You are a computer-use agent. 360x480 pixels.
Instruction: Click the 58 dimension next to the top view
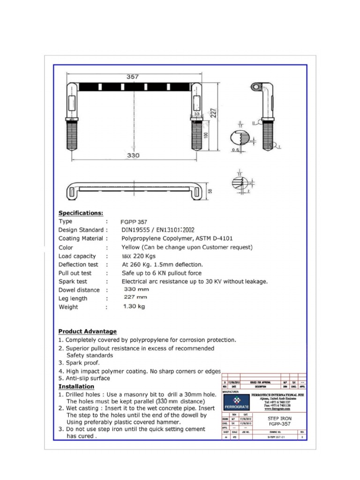pos(210,190)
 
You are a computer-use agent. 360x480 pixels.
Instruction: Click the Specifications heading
pos(81,213)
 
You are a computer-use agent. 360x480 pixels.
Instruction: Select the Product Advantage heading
pos(87,331)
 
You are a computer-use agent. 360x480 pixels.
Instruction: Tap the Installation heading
pos(76,387)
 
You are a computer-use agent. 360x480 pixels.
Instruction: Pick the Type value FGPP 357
pos(135,222)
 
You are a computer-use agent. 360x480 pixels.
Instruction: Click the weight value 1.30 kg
pos(134,307)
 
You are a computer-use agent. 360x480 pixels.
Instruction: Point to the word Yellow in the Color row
pos(131,247)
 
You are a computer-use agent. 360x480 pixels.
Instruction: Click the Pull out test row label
pos(75,273)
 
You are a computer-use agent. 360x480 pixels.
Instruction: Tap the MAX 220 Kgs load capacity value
pos(138,256)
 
